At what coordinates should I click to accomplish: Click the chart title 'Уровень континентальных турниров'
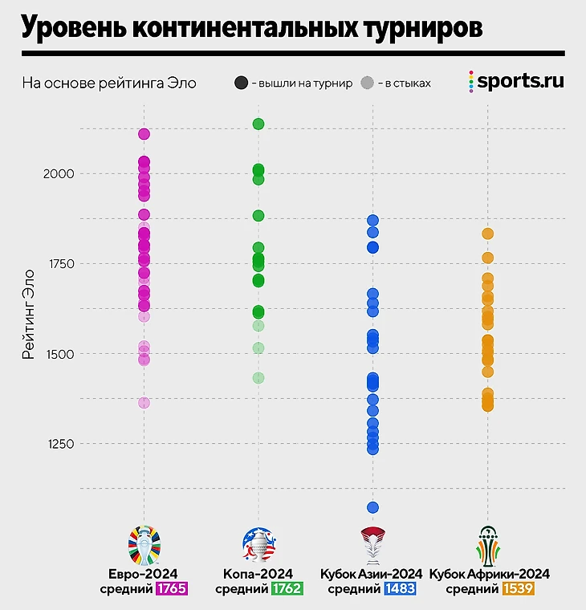pos(252,28)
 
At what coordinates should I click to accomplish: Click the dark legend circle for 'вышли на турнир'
pos(241,83)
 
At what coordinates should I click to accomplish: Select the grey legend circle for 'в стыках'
pos(368,83)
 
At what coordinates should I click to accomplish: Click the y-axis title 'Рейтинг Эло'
pos(28,312)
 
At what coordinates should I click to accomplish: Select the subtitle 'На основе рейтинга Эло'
pos(109,83)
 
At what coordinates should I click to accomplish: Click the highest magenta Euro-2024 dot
pos(144,134)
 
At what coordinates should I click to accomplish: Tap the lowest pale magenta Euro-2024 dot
pos(144,403)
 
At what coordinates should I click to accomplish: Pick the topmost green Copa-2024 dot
pos(258,124)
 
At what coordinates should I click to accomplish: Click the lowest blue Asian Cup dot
pos(372,507)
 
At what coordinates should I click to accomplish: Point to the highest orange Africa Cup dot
pos(487,234)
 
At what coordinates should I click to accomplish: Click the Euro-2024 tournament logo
pos(144,544)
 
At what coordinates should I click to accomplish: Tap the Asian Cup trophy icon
pos(372,546)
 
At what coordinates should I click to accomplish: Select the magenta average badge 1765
pos(171,589)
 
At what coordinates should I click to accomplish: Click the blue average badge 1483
pos(400,589)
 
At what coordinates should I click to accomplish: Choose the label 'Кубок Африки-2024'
pos(490,574)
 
